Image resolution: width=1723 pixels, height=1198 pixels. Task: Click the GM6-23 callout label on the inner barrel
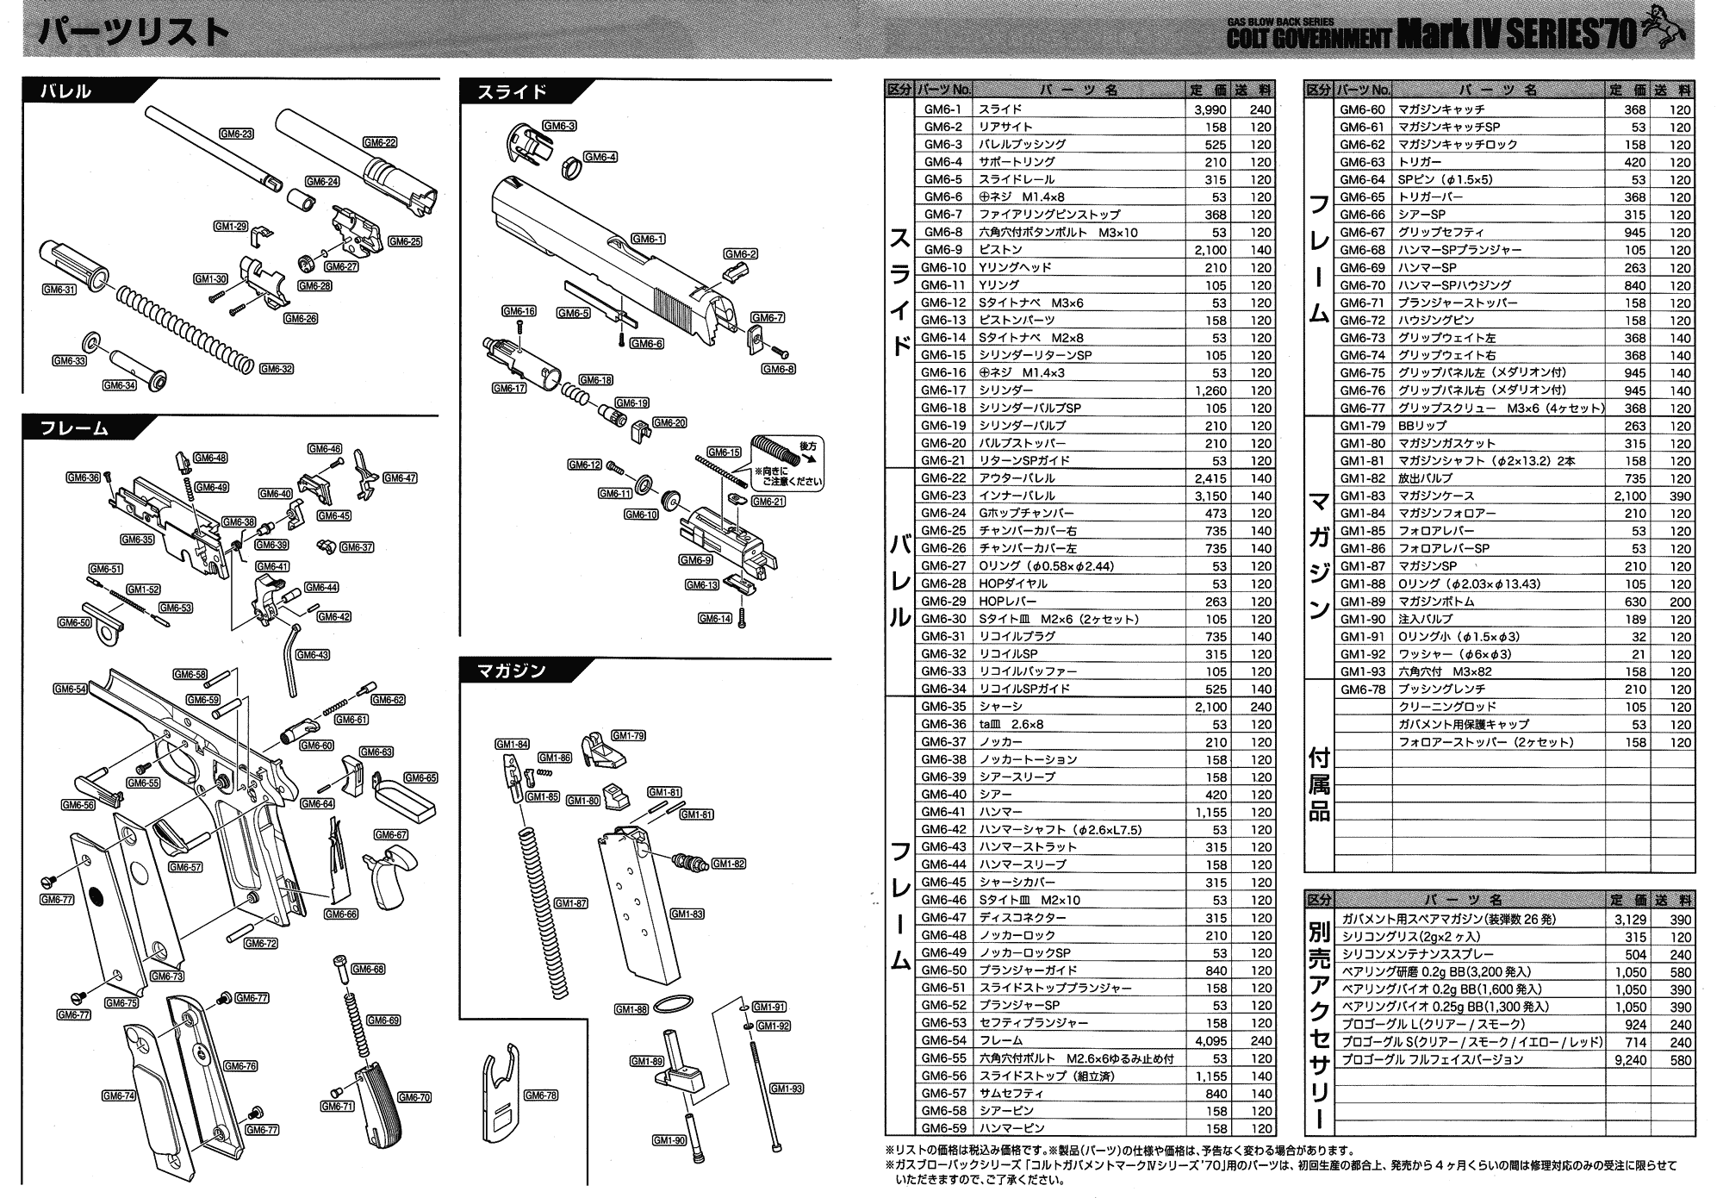235,134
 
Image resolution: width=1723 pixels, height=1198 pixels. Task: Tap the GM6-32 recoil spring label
276,369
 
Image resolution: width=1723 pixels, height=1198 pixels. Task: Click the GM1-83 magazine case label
687,914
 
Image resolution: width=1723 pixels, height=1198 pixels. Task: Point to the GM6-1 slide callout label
648,239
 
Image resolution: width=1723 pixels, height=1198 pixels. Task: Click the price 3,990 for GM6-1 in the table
1210,109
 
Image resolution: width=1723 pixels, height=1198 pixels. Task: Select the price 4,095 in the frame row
1210,1040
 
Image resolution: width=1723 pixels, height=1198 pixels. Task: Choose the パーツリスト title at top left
134,33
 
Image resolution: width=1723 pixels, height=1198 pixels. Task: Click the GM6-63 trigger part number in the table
1362,162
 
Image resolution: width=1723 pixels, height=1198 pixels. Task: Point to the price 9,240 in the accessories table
1630,1060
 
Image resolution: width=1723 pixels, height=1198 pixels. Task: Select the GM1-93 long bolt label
786,1089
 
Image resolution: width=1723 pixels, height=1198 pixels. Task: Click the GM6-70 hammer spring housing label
414,1097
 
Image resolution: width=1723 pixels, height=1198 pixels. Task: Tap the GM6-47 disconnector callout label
400,477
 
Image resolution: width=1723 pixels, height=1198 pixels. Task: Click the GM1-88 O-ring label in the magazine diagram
631,1009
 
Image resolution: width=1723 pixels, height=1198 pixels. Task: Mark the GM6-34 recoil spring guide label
119,385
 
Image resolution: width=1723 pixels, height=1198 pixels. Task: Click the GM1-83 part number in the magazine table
1362,496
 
